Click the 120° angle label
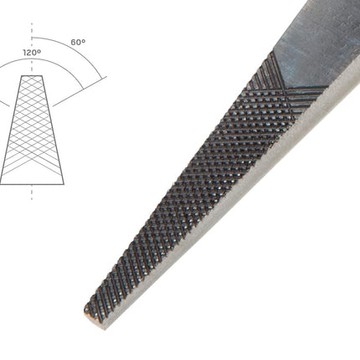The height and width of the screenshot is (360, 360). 32,53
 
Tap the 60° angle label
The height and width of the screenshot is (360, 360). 78,42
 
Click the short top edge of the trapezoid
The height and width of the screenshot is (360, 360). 32,75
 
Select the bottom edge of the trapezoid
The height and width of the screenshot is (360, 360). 32,184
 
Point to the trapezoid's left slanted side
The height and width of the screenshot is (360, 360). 11,130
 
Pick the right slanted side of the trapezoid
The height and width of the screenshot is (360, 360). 54,130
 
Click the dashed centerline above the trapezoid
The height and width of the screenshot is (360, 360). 32,49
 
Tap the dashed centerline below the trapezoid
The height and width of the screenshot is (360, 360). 32,193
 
